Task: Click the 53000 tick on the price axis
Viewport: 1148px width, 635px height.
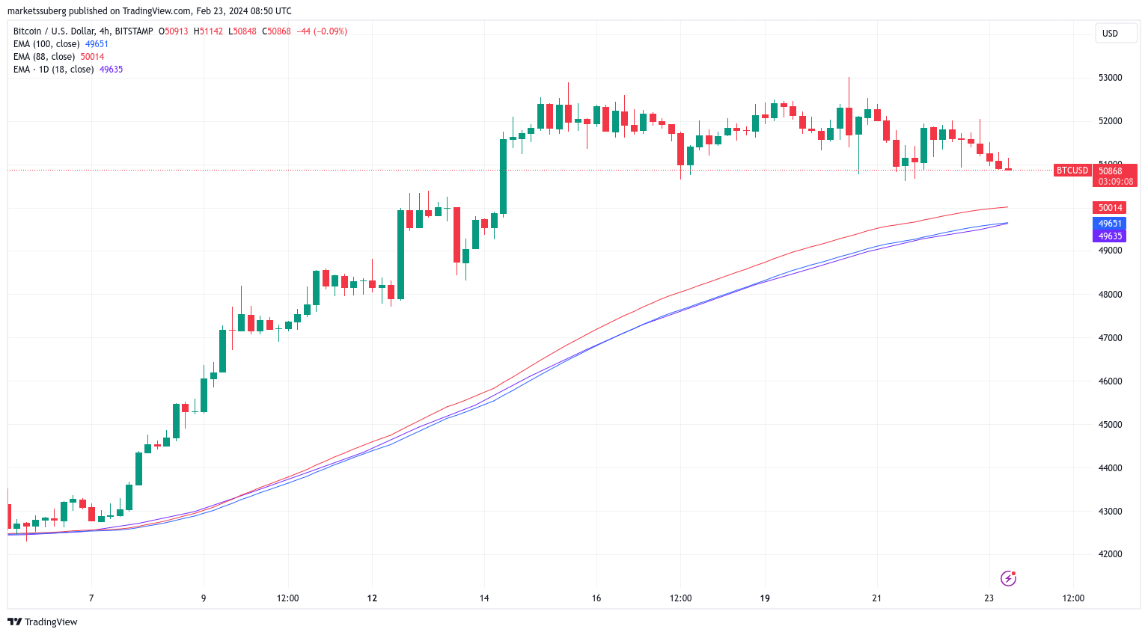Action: tap(1109, 78)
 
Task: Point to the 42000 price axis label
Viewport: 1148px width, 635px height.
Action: tap(1109, 554)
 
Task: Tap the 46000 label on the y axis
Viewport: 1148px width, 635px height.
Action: tap(1109, 381)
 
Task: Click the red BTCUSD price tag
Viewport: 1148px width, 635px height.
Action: tap(1072, 171)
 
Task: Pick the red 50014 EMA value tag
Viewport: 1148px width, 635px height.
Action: tap(1110, 208)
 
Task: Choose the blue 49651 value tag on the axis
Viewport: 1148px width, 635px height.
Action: tap(1110, 224)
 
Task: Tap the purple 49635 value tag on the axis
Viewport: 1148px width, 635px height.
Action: tap(1110, 236)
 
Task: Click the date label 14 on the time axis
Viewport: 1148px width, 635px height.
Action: tap(484, 598)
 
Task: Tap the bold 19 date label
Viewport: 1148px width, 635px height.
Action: tap(765, 598)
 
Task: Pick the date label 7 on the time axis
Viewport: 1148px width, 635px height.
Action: tap(91, 598)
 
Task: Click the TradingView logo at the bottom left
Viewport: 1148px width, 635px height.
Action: tap(43, 622)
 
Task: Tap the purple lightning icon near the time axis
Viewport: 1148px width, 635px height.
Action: tap(1008, 578)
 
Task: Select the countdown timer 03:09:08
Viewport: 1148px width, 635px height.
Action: tap(1115, 182)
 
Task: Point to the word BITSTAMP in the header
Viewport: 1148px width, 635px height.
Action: tap(134, 31)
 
